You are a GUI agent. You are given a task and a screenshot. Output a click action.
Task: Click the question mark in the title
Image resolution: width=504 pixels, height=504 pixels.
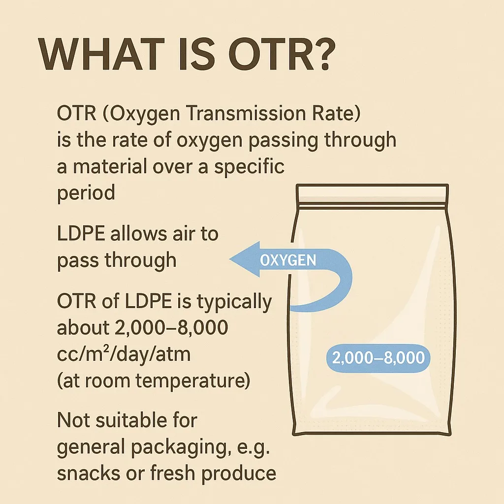(x=320, y=55)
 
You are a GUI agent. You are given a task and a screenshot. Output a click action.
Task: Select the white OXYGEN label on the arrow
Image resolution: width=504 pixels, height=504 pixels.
(x=288, y=260)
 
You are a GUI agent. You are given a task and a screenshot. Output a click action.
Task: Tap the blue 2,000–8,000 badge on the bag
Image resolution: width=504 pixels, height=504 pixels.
(x=378, y=358)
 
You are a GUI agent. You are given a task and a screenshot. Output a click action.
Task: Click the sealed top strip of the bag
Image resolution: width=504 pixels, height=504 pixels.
(x=372, y=194)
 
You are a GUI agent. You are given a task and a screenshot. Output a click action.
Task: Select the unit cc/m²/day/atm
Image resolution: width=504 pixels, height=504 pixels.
(x=124, y=354)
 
